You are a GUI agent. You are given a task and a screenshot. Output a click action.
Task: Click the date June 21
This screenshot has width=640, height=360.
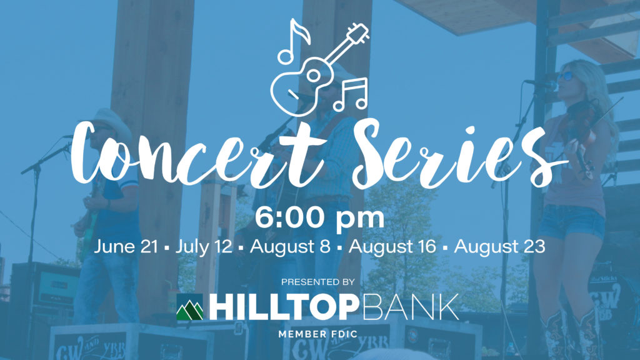point(126,246)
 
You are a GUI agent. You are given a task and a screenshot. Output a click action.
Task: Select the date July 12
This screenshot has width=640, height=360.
point(204,246)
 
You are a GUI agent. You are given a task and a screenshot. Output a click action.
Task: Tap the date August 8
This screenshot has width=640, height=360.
point(290,246)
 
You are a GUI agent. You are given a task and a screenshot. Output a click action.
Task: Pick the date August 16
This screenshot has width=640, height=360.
point(392,246)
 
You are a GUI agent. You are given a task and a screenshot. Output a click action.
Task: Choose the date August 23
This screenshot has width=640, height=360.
point(499,246)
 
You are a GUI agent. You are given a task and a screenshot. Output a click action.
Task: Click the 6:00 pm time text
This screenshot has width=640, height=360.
point(319,218)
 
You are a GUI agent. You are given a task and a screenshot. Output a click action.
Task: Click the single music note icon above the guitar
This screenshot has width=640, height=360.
point(294,42)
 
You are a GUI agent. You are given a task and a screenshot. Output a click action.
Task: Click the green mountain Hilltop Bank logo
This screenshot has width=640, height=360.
point(190,307)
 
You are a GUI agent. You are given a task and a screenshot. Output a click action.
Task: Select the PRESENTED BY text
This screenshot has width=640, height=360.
point(318,282)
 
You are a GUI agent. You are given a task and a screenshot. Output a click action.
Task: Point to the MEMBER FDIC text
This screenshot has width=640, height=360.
point(318,334)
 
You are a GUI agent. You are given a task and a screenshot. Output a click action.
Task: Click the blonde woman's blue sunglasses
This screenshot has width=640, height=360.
point(566,76)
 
